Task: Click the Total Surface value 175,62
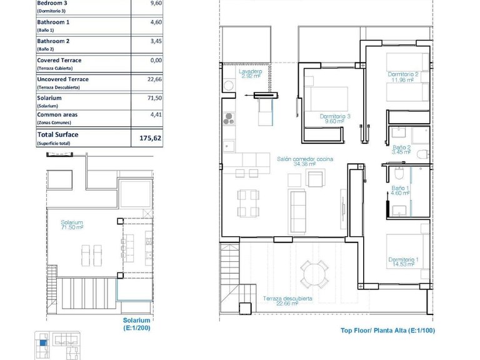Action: (x=150, y=138)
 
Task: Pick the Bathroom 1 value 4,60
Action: (x=156, y=22)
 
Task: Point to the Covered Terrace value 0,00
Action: (x=156, y=61)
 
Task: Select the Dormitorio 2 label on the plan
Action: (x=402, y=77)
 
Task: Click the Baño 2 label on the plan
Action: (x=401, y=150)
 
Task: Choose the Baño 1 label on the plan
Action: (x=400, y=191)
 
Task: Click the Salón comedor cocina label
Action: (x=305, y=162)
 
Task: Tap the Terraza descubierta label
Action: (x=287, y=301)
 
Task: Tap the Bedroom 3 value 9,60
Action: (x=156, y=2)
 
